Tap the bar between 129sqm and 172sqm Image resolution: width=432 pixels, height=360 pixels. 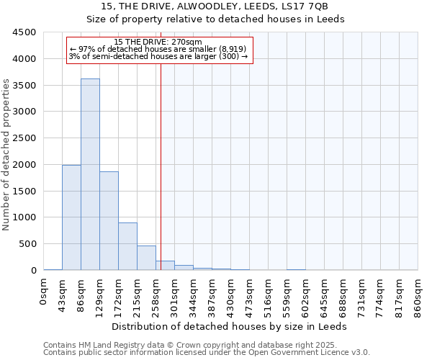coord(109,220)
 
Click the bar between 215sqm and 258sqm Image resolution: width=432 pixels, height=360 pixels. coord(146,258)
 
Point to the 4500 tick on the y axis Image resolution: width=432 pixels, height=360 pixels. coord(24,32)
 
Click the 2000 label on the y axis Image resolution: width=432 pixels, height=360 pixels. coord(24,164)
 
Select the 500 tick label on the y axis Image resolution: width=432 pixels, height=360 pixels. coord(27,244)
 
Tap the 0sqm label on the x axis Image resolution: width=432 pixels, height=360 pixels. coord(44,292)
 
